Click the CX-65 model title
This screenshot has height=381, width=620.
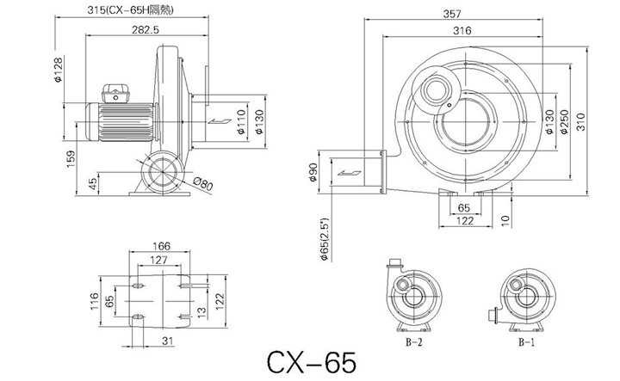(x=312, y=362)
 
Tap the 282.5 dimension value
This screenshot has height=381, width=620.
(x=146, y=29)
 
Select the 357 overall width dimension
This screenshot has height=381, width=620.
(x=452, y=14)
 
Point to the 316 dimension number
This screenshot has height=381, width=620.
(x=462, y=30)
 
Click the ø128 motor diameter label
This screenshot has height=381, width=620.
(x=59, y=70)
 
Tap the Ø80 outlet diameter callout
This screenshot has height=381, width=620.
(x=203, y=183)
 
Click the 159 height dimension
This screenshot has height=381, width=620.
(x=71, y=159)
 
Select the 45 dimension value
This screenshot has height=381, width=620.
(x=92, y=183)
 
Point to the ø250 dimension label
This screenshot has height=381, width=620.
(x=564, y=121)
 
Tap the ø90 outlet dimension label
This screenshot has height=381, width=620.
(x=313, y=172)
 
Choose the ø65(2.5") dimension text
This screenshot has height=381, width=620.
(x=325, y=239)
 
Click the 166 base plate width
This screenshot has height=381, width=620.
(x=161, y=246)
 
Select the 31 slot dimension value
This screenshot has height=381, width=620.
(x=168, y=341)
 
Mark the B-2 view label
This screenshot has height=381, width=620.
(x=414, y=342)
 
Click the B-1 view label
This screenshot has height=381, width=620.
(x=527, y=342)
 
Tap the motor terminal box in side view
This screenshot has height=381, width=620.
(x=115, y=94)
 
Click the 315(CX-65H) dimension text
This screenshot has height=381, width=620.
(x=131, y=9)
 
